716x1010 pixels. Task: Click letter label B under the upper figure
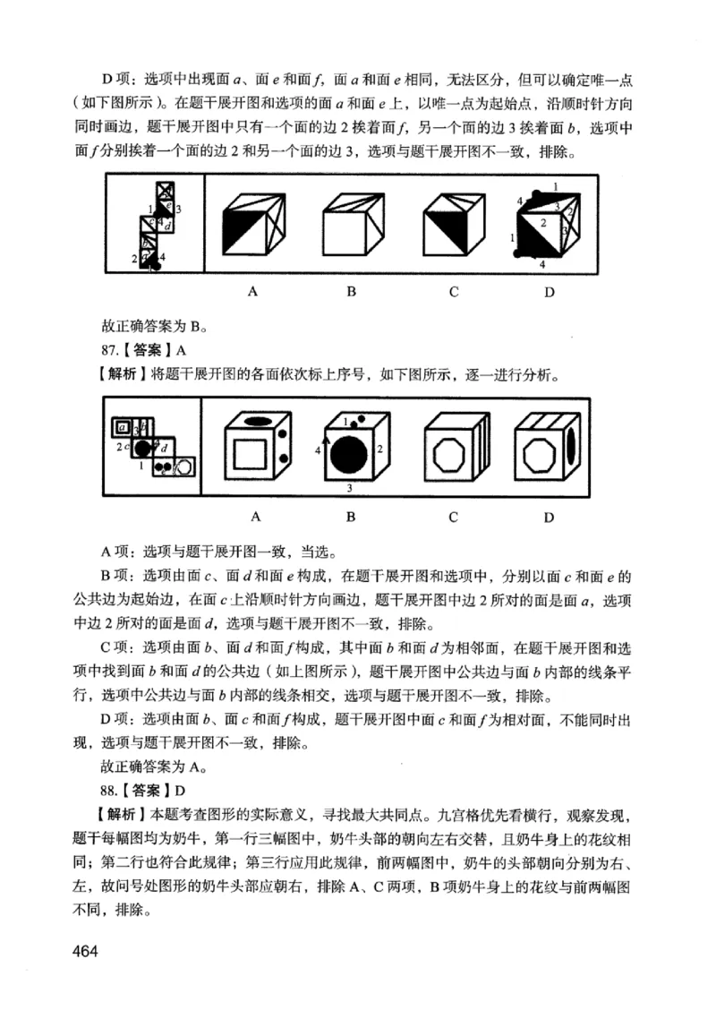(352, 291)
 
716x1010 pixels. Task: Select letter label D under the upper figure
(548, 291)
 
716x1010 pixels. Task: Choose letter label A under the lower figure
(254, 517)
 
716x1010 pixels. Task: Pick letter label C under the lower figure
(454, 517)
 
